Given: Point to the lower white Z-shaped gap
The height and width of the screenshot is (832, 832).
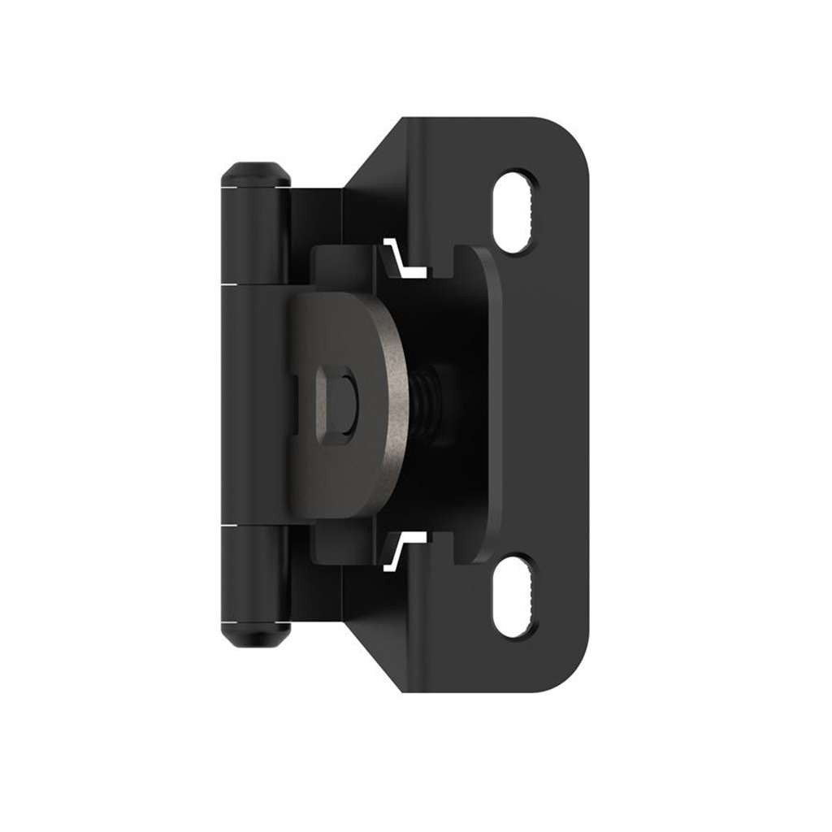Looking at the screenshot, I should pos(403,548).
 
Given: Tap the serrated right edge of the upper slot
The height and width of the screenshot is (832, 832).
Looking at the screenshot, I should pos(532,213).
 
